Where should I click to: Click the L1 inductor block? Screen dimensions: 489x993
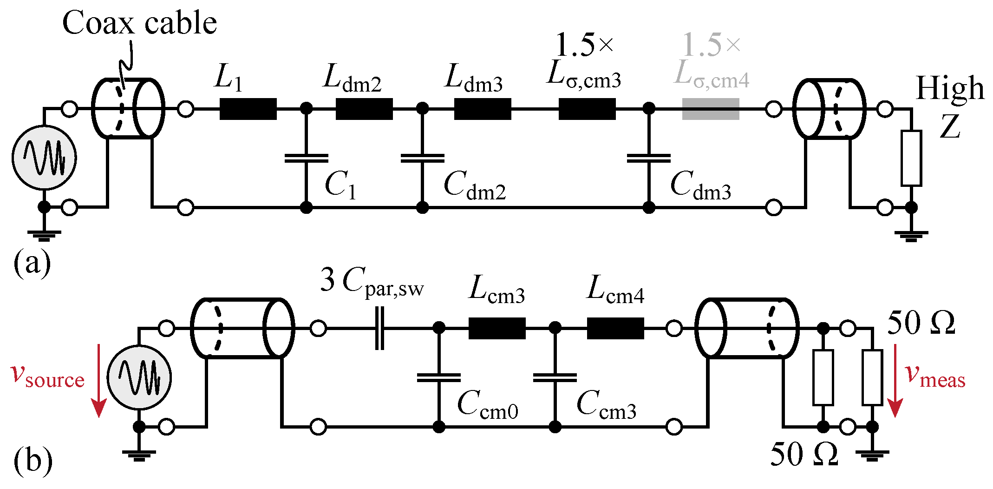pyautogui.click(x=248, y=109)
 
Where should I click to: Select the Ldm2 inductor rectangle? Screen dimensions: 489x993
pyautogui.click(x=364, y=109)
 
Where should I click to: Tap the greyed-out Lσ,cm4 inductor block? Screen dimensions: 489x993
pyautogui.click(x=710, y=109)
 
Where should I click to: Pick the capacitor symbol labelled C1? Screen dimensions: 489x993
pyautogui.click(x=306, y=159)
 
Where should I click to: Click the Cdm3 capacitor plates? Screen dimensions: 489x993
pyautogui.click(x=648, y=159)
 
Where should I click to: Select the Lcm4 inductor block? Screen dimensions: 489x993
pyautogui.click(x=615, y=328)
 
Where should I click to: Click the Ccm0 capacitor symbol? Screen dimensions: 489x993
pyautogui.click(x=438, y=377)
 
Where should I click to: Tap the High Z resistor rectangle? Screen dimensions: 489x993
pyautogui.click(x=911, y=159)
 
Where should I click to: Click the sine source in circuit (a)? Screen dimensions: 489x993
pyautogui.click(x=44, y=158)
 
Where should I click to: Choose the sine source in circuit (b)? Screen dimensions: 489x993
pyautogui.click(x=139, y=377)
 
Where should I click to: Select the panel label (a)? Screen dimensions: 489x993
pyautogui.click(x=32, y=263)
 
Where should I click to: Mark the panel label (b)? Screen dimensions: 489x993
pyautogui.click(x=33, y=461)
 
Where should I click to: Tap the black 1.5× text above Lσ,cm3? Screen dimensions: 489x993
pyautogui.click(x=584, y=45)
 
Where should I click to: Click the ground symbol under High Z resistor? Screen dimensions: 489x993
pyautogui.click(x=911, y=236)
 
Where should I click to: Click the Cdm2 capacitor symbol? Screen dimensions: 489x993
pyautogui.click(x=422, y=159)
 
